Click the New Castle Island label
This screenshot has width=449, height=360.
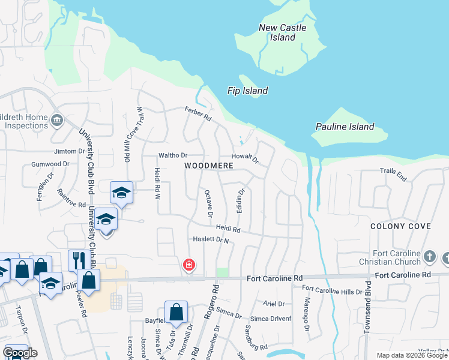pyautogui.click(x=282, y=32)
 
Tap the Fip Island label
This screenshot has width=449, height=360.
pyautogui.click(x=247, y=91)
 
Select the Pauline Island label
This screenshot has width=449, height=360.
pyautogui.click(x=345, y=127)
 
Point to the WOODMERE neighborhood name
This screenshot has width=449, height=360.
pyautogui.click(x=208, y=165)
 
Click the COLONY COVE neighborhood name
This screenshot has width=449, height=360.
pyautogui.click(x=400, y=226)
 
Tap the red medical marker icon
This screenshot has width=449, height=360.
pyautogui.click(x=189, y=265)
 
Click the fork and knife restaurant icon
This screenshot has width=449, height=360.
pyautogui.click(x=77, y=260)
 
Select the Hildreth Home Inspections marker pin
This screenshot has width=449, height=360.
pyautogui.click(x=57, y=120)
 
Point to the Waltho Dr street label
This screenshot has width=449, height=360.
pyautogui.click(x=173, y=155)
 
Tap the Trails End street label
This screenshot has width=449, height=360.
pyautogui.click(x=393, y=171)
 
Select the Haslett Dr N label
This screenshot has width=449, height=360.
pyautogui.click(x=211, y=239)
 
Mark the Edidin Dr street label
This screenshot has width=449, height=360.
pyautogui.click(x=241, y=202)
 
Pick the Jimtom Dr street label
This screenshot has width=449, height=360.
pyautogui.click(x=70, y=151)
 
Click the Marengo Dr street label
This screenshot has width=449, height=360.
pyautogui.click(x=306, y=314)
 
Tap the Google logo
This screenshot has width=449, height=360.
pyautogui.click(x=20, y=353)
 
